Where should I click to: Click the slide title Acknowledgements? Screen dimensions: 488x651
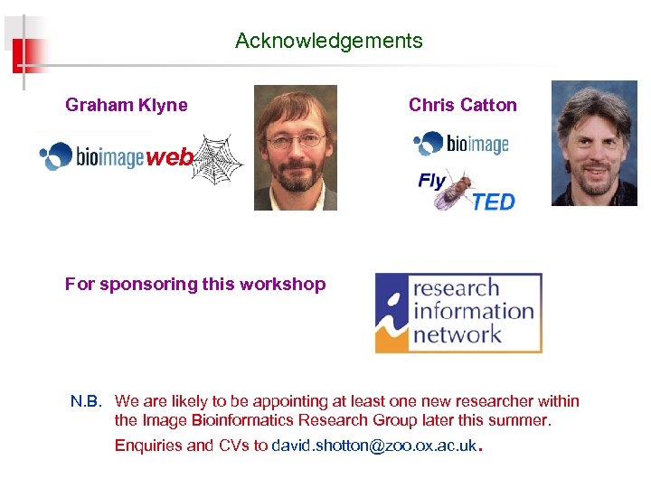(328, 41)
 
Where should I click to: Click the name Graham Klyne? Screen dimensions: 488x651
(127, 105)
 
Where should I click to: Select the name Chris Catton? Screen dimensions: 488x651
(462, 105)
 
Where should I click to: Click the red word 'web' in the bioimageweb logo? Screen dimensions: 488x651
(169, 158)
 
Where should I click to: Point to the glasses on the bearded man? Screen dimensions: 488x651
(296, 140)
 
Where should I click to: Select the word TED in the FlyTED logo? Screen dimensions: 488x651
(493, 202)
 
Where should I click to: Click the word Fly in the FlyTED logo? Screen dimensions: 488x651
(431, 181)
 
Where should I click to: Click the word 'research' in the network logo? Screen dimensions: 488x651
(456, 289)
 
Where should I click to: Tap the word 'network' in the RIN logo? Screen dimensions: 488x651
(457, 334)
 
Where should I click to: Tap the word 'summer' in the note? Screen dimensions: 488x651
(522, 420)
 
